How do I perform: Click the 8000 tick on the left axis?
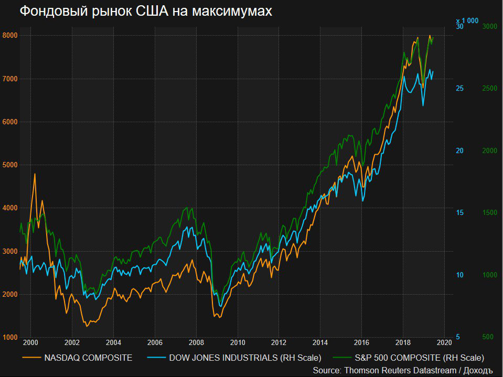[10, 36]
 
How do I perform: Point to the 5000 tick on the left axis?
[10, 165]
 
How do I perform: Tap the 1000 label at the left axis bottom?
[10, 337]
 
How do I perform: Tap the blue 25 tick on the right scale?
[460, 89]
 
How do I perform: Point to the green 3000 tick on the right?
[490, 26]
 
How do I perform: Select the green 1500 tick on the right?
[490, 213]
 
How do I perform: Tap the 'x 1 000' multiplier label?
[467, 20]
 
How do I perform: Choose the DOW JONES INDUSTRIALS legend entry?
[244, 358]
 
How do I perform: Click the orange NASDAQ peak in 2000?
[35, 174]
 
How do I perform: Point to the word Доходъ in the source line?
[477, 371]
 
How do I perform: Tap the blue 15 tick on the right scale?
[460, 213]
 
